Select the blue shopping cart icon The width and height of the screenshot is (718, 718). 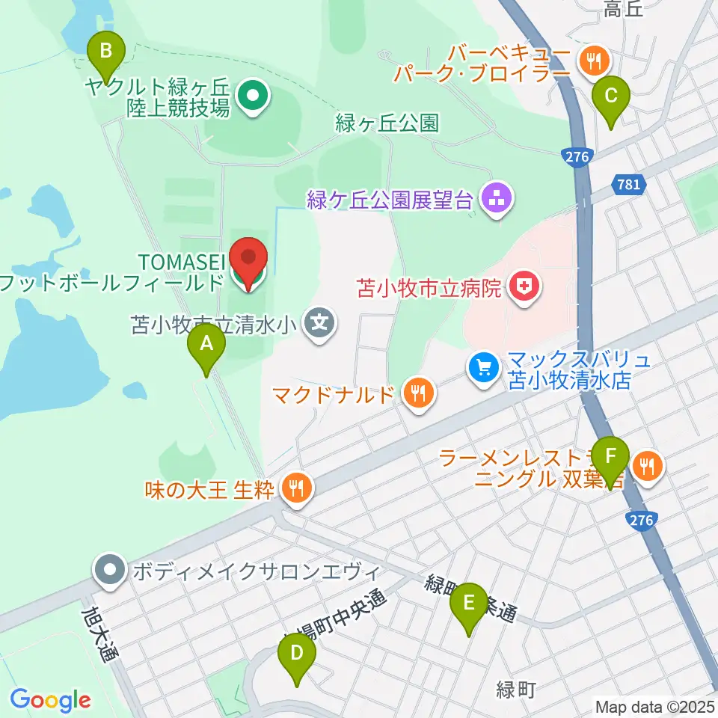(x=483, y=367)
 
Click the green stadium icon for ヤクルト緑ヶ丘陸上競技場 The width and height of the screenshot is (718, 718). (x=252, y=96)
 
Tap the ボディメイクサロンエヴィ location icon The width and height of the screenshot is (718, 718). (x=111, y=571)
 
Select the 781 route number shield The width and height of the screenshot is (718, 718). (x=629, y=182)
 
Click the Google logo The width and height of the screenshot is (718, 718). (x=50, y=701)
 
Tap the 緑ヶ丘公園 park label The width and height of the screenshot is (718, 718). (x=387, y=123)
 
